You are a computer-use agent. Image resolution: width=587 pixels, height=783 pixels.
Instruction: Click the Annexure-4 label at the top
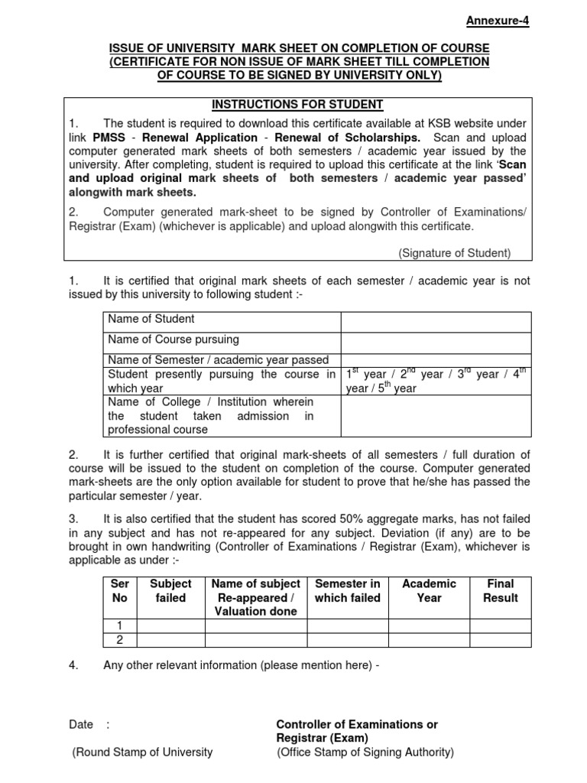point(497,21)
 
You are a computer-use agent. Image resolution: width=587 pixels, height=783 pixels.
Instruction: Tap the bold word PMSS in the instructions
point(110,138)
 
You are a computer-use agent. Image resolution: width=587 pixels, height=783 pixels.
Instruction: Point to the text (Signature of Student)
point(455,252)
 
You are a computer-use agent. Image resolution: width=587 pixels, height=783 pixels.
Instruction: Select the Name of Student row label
point(151,319)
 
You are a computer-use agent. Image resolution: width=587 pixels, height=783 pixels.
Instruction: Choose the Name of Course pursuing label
point(174,339)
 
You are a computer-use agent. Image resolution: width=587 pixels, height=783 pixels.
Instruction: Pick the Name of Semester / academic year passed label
point(219,359)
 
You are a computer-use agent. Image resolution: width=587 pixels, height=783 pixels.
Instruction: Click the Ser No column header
point(120,590)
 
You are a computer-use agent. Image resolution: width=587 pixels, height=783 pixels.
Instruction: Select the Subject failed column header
point(170,590)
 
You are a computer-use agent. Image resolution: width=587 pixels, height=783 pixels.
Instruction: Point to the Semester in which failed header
point(348,590)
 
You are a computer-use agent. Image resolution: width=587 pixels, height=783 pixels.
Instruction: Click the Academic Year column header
point(429,590)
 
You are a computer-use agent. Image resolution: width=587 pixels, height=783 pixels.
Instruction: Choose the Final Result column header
point(501,590)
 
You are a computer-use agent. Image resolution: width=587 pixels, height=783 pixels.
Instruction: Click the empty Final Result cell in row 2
point(501,639)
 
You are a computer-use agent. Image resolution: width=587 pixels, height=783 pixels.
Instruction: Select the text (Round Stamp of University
point(143,752)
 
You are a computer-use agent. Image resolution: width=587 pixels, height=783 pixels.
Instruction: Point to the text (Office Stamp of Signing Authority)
point(365,752)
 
